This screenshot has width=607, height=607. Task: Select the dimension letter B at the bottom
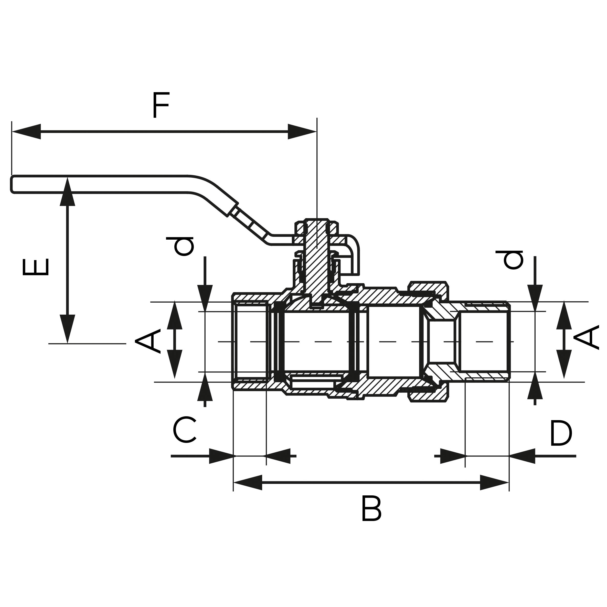pos(371,508)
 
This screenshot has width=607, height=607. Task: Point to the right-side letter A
pos(586,338)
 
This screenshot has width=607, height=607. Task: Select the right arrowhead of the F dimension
pos(302,132)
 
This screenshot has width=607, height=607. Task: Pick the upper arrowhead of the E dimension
pos(67,192)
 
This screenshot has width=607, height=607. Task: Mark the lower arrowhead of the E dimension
pos(67,328)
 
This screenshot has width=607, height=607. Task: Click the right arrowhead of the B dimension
pos(494,482)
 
